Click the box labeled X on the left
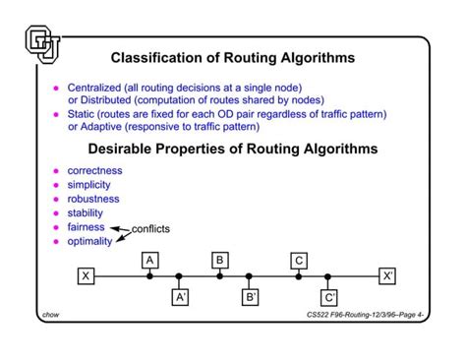[x=86, y=276]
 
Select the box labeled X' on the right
[x=388, y=276]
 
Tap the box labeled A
[x=149, y=260]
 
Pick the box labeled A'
[x=180, y=295]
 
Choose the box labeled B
[x=220, y=260]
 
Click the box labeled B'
[x=251, y=295]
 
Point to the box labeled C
[x=298, y=260]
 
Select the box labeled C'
[x=329, y=295]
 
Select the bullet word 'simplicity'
[x=90, y=184]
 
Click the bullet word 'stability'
[x=85, y=211]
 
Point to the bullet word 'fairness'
[x=86, y=226]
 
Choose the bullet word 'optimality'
[x=89, y=241]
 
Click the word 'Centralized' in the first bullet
[x=94, y=89]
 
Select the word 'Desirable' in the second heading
[x=123, y=149]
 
